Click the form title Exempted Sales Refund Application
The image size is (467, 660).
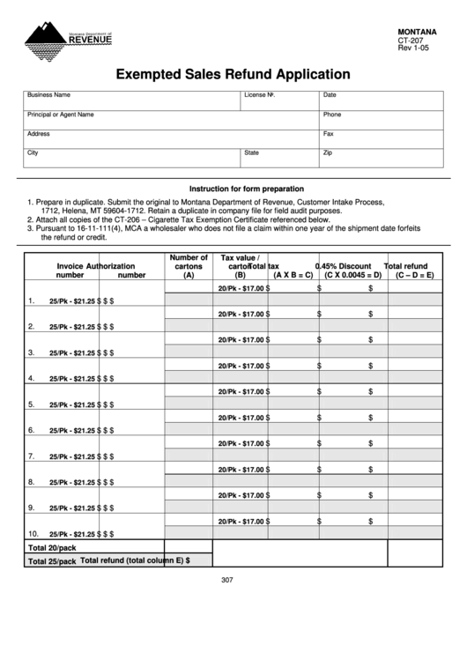233,75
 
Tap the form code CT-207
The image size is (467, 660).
411,40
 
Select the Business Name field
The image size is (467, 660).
131,100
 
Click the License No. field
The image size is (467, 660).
279,100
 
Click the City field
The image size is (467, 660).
131,158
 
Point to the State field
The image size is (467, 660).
279,158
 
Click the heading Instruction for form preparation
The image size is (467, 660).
247,189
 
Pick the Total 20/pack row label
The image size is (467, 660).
52,547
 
